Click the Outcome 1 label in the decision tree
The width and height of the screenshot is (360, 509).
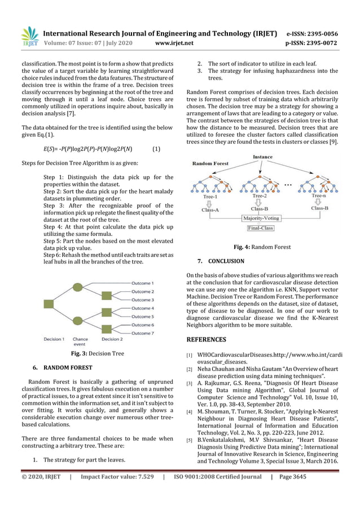coord(142,283)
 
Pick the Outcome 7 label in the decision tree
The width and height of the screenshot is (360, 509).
coord(142,334)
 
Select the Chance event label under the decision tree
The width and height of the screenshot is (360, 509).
coord(80,341)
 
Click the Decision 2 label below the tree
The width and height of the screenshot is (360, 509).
coord(112,339)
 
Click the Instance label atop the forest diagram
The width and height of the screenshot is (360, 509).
coord(262,157)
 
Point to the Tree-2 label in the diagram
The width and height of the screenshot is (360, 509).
coord(260,196)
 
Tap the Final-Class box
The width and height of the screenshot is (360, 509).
coord(260,228)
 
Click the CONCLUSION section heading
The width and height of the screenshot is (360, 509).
coord(226,261)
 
